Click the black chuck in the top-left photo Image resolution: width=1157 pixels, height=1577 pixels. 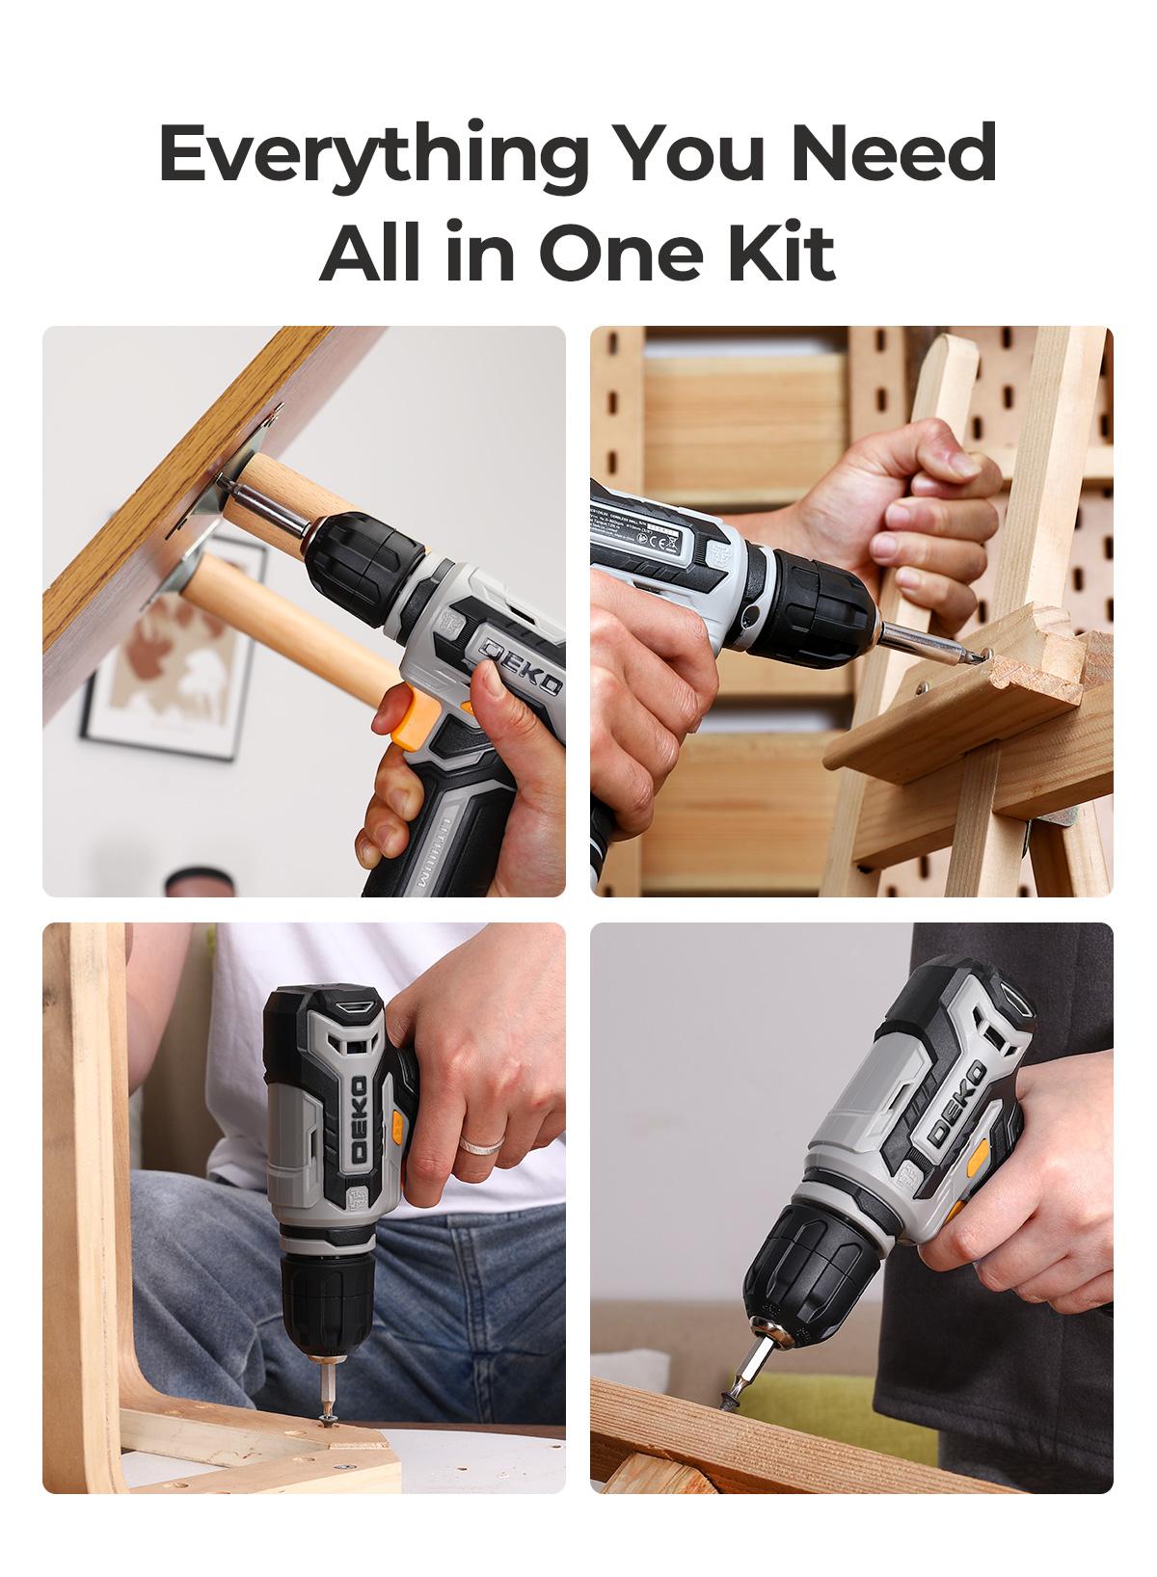(366, 559)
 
